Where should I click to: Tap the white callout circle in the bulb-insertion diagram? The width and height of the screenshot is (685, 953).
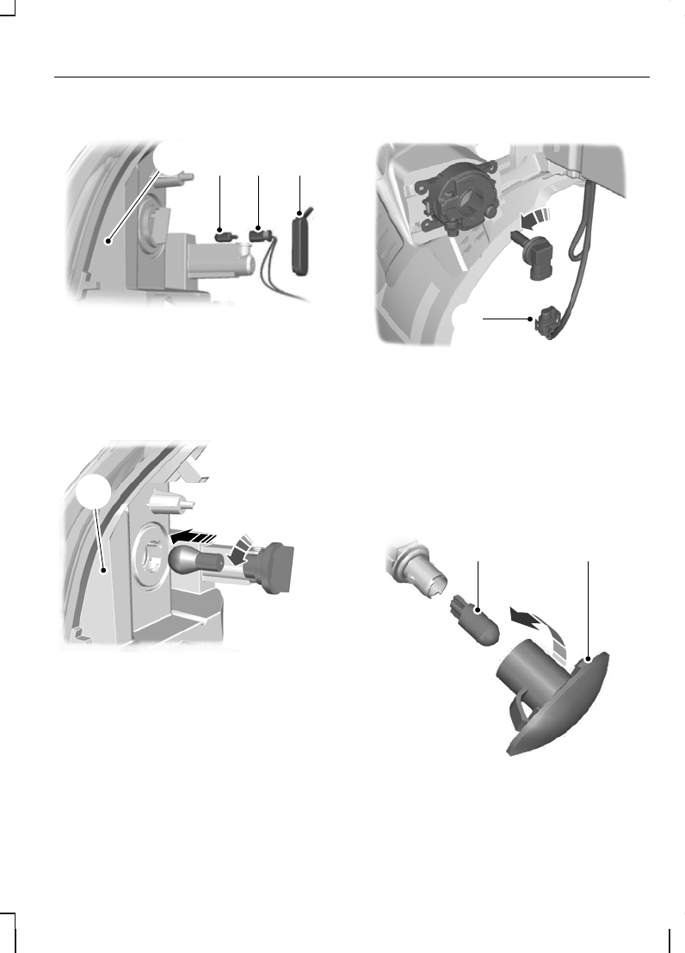[x=90, y=494]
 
